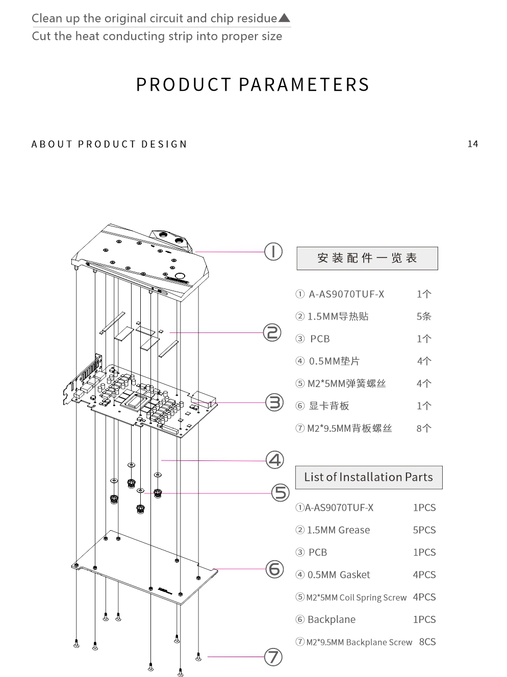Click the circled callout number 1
coord(273,251)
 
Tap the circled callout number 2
coord(272,332)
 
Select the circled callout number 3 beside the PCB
coord(274,402)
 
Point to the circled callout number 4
coord(275,460)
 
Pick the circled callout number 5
coord(280,492)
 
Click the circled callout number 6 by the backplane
coord(275,569)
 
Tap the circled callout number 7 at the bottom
coord(273,657)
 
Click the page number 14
coord(473,144)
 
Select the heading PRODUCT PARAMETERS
coord(252,85)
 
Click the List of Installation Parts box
coord(368,477)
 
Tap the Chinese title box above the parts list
coord(367,258)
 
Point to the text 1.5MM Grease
coord(338,530)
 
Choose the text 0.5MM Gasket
coord(339,575)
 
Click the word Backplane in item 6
coord(332,619)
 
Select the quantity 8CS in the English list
coord(427,642)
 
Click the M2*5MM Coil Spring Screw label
coord(356,597)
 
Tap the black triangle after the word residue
coord(284,18)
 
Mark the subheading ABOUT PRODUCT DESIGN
coord(109,144)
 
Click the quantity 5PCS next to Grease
coord(424,530)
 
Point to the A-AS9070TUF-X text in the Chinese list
coord(346,294)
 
